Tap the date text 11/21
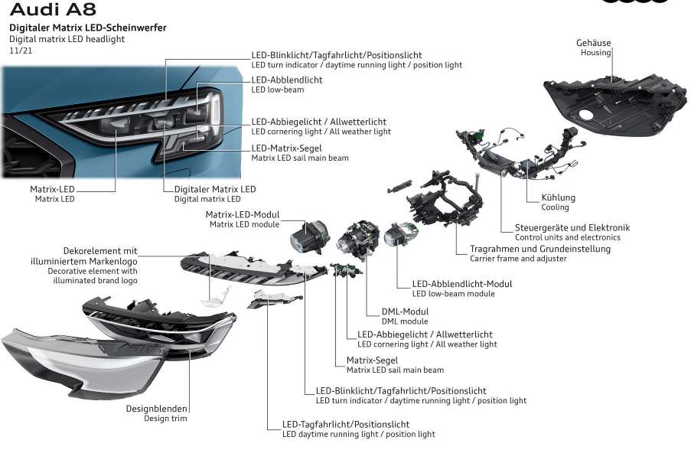pyautogui.click(x=21, y=51)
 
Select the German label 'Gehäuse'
pyautogui.click(x=593, y=43)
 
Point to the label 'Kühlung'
pyautogui.click(x=558, y=197)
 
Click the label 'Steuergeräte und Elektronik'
pyautogui.click(x=572, y=227)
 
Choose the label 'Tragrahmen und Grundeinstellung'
pyautogui.click(x=540, y=249)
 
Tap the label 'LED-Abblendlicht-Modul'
pyautogui.click(x=462, y=284)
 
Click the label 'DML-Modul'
pyautogui.click(x=405, y=311)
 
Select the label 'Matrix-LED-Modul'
pyautogui.click(x=243, y=214)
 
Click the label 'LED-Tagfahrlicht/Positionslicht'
pyautogui.click(x=346, y=424)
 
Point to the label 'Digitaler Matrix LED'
pyautogui.click(x=215, y=189)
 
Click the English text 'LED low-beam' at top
pyautogui.click(x=277, y=90)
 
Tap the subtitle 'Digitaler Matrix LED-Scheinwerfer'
pyautogui.click(x=87, y=28)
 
